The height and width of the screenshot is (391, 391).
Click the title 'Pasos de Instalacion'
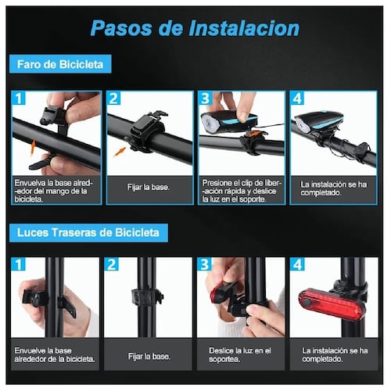coord(195,28)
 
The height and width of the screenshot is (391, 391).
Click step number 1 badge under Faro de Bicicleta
coord(19,99)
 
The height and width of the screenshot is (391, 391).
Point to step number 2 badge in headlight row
coord(113,99)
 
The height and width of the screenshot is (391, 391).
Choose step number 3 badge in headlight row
coord(206,99)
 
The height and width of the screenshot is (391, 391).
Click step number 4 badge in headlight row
coord(297,99)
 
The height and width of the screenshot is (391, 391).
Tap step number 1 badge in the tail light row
coord(19,265)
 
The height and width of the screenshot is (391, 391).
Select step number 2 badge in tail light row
coord(113,265)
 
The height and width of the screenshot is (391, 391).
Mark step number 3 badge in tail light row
coord(206,265)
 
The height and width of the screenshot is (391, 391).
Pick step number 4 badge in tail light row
coord(297,265)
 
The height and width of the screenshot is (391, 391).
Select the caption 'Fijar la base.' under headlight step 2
coord(149,188)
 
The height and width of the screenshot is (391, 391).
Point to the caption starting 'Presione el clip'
coord(239,188)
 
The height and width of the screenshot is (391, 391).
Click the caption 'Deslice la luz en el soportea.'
coord(239,353)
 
